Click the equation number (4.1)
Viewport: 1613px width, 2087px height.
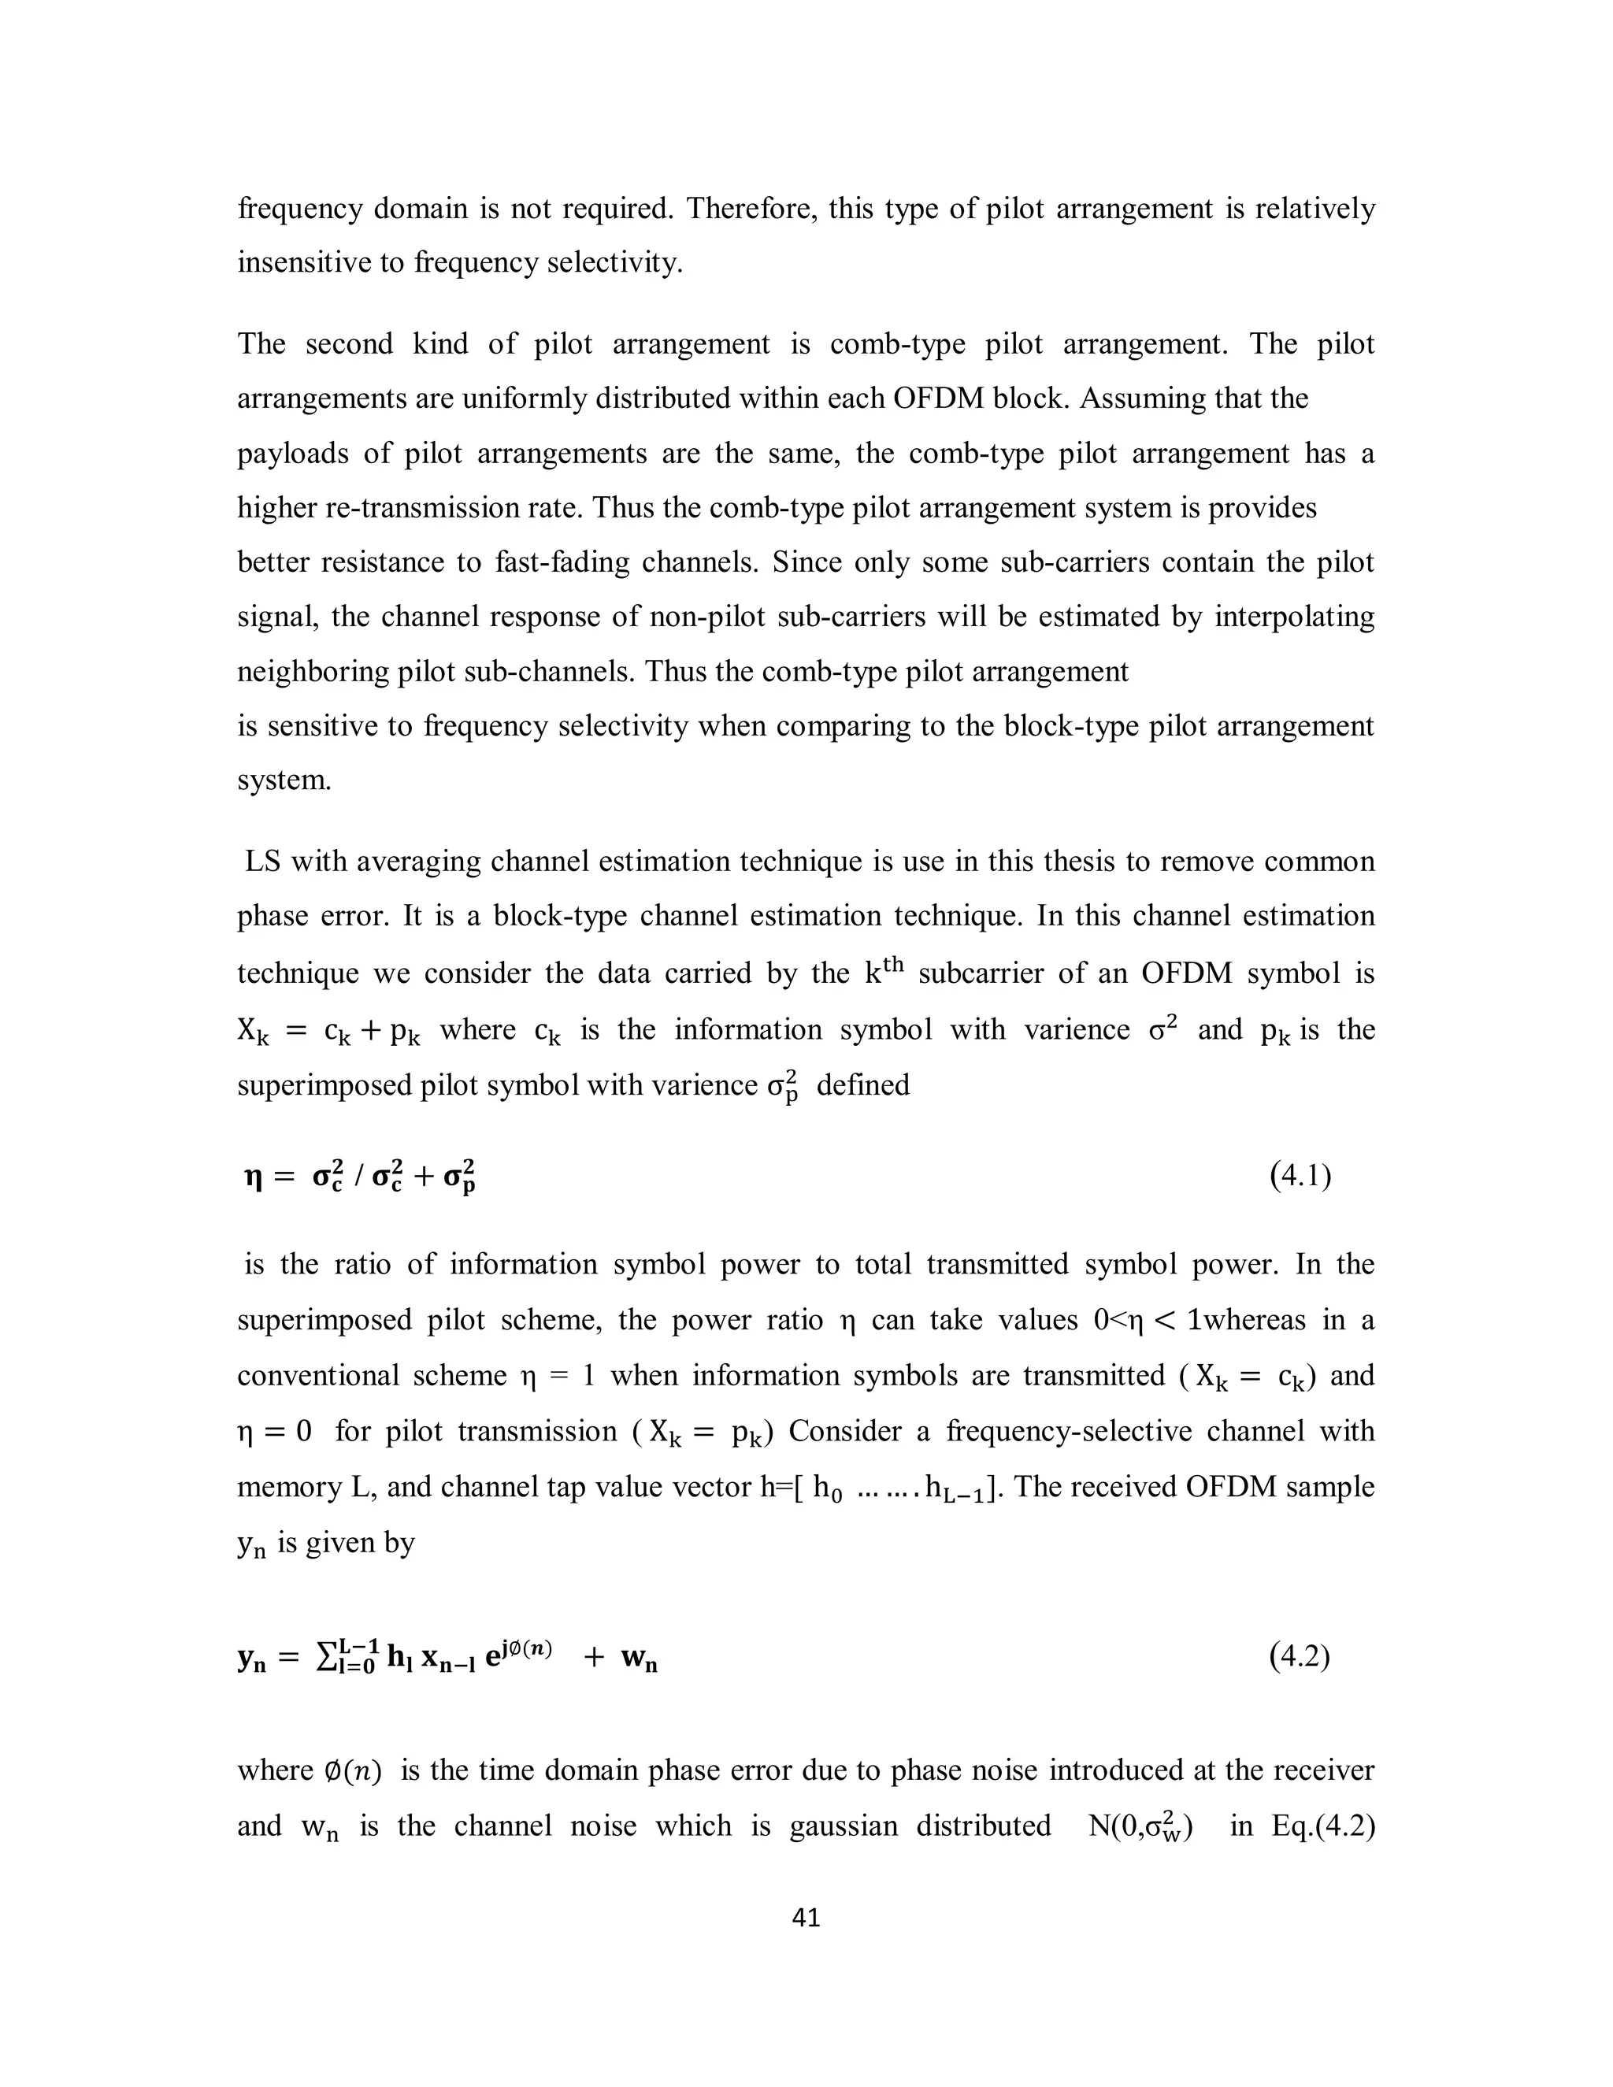tap(1300, 1175)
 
